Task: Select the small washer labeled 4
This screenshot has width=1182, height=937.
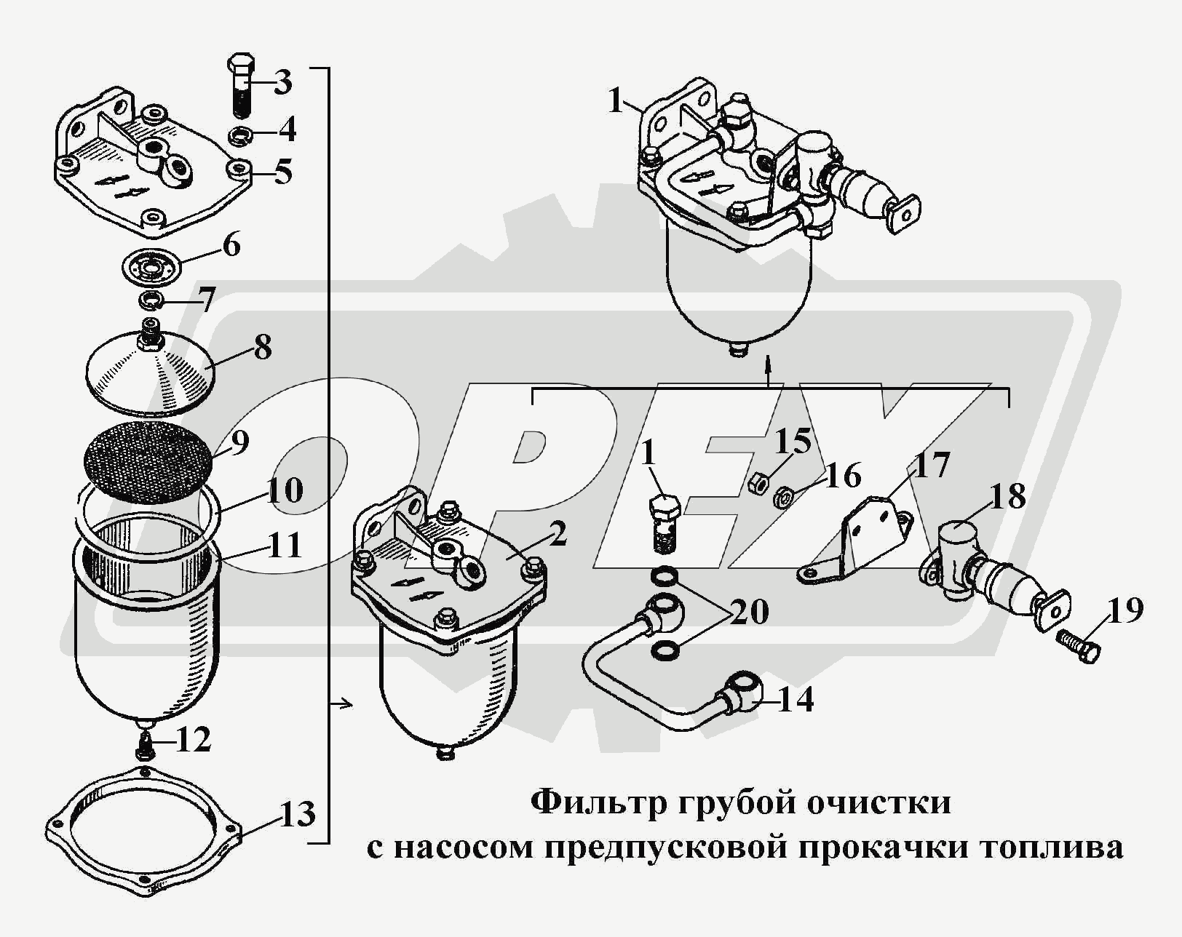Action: pyautogui.click(x=240, y=135)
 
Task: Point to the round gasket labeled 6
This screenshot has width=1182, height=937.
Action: pyautogui.click(x=151, y=266)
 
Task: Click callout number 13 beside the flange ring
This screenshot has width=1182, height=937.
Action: pyautogui.click(x=296, y=813)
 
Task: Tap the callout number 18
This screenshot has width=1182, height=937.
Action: pyautogui.click(x=1007, y=498)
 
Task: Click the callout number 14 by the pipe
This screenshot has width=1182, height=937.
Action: pyautogui.click(x=796, y=700)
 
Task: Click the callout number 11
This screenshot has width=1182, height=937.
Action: pyautogui.click(x=284, y=546)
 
